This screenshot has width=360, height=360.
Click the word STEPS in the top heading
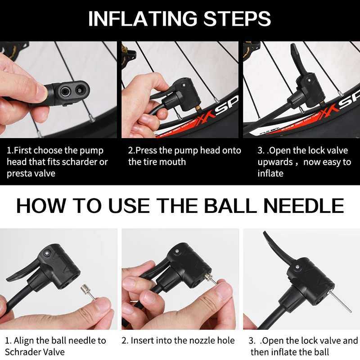coord(237,18)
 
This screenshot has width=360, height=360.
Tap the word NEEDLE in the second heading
coord(303,206)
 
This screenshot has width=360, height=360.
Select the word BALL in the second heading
coord(230,206)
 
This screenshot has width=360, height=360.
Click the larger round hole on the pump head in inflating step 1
coord(65,92)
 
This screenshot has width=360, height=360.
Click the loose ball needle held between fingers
coord(88,292)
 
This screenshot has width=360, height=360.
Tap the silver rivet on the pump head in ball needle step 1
coord(47,253)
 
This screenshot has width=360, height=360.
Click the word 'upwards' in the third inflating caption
coord(275,162)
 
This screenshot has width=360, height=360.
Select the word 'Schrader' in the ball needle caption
coord(21,352)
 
